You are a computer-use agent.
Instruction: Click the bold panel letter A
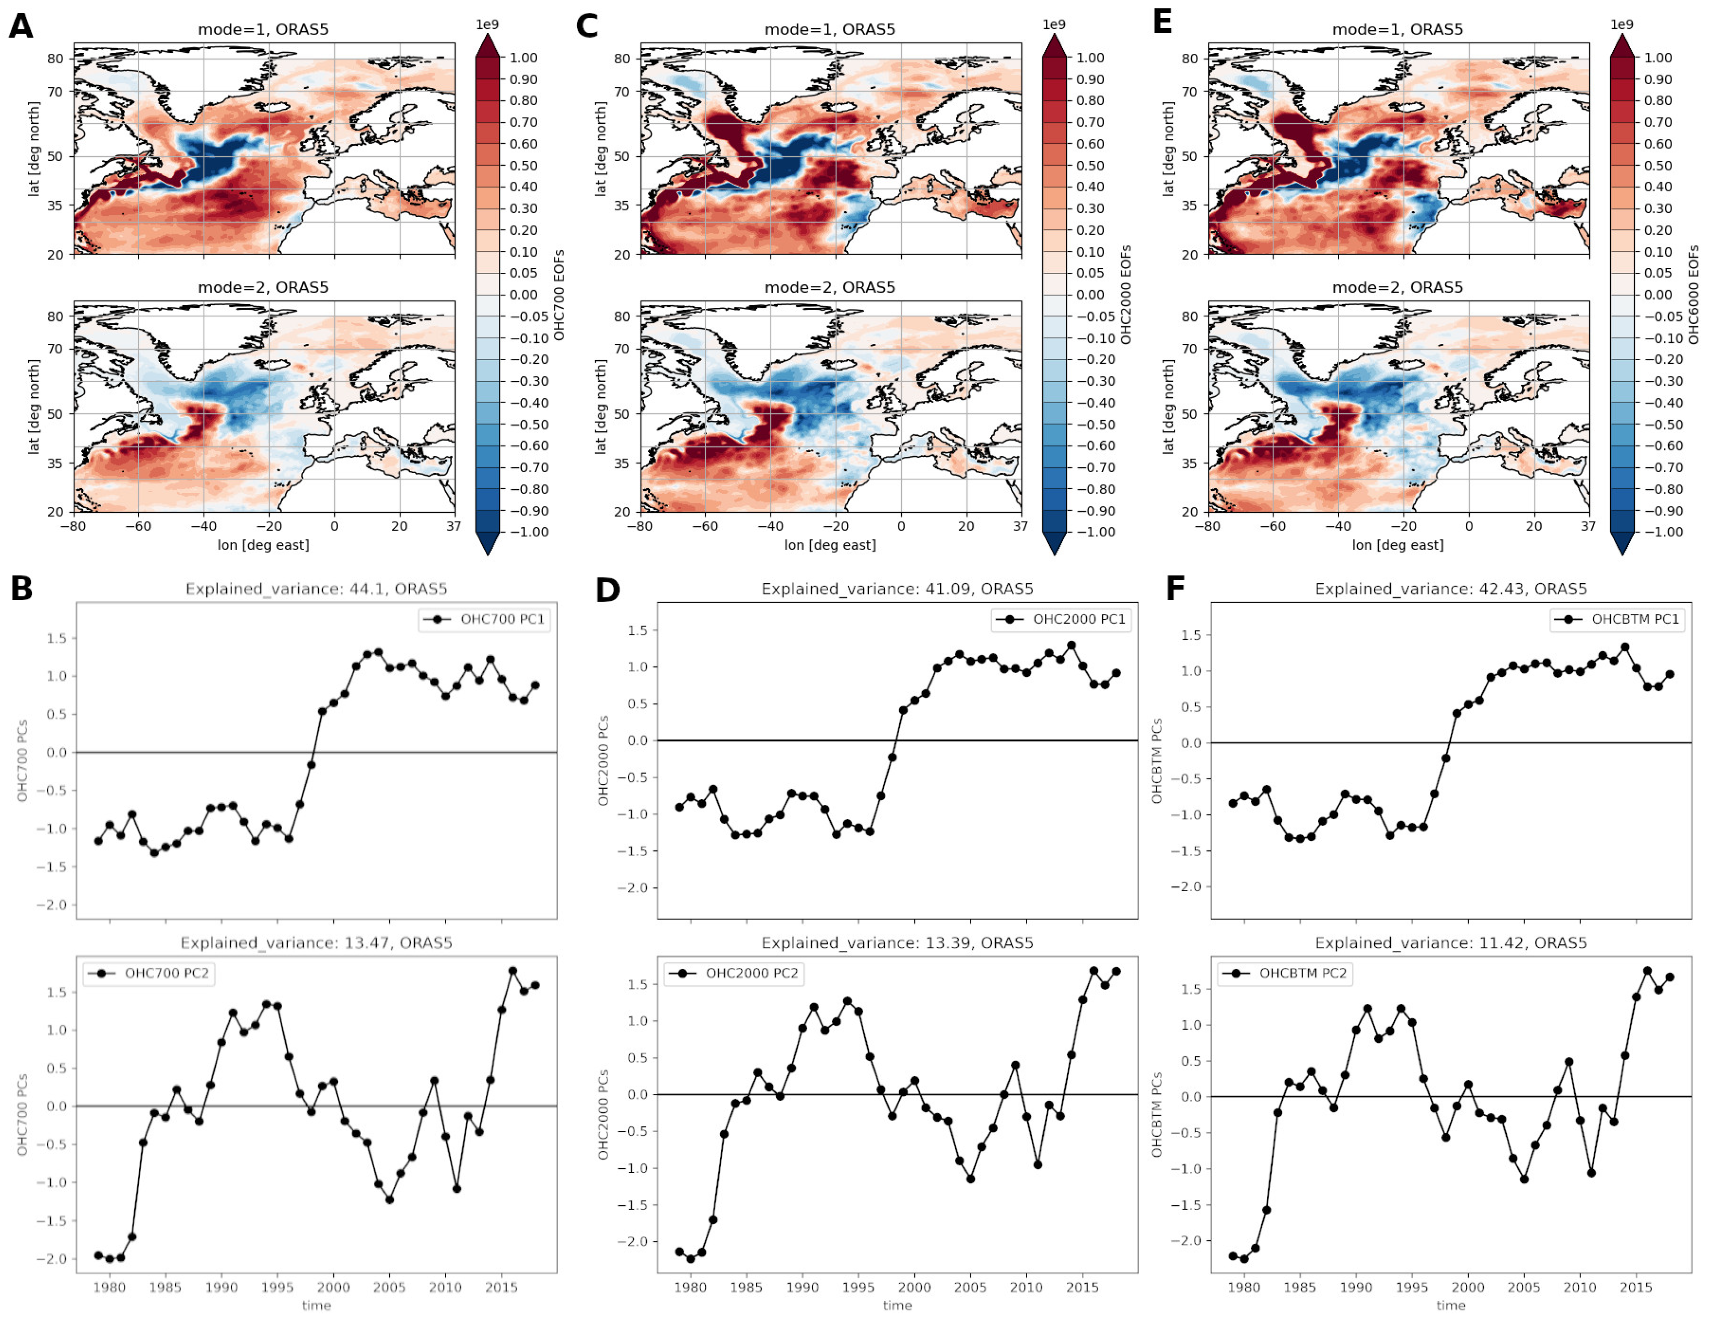21,27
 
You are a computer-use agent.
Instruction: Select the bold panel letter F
1175,589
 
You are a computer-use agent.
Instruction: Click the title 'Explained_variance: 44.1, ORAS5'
316,589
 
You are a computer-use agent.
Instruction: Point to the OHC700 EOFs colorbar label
559,295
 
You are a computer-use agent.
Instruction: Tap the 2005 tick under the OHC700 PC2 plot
389,1287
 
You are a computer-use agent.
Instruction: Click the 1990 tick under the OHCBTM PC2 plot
1355,1287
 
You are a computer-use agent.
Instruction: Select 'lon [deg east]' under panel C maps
830,545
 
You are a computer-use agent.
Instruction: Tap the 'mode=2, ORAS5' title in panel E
1397,287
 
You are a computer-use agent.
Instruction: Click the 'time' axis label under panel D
897,1306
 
